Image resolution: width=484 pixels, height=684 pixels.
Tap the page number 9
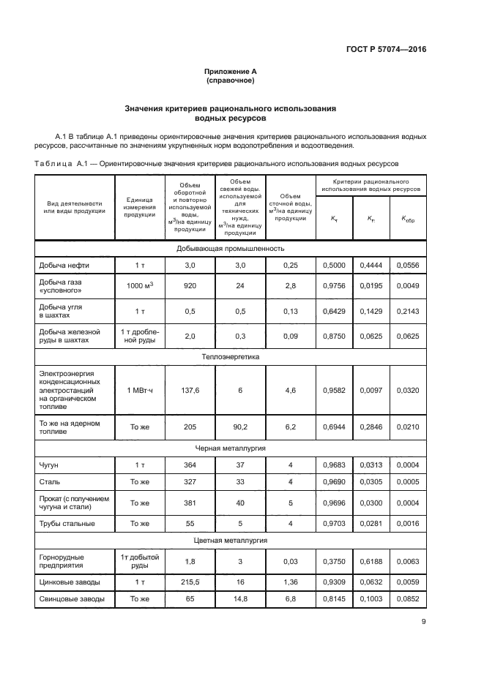(423, 623)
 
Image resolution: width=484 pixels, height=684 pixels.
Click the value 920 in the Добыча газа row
(190, 286)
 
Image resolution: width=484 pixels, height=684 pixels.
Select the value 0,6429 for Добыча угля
(334, 311)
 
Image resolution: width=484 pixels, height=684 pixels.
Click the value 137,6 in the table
(190, 391)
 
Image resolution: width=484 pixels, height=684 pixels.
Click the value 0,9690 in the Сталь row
(334, 484)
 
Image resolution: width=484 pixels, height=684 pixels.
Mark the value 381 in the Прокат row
(190, 503)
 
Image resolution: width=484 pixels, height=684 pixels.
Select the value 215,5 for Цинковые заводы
(190, 582)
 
